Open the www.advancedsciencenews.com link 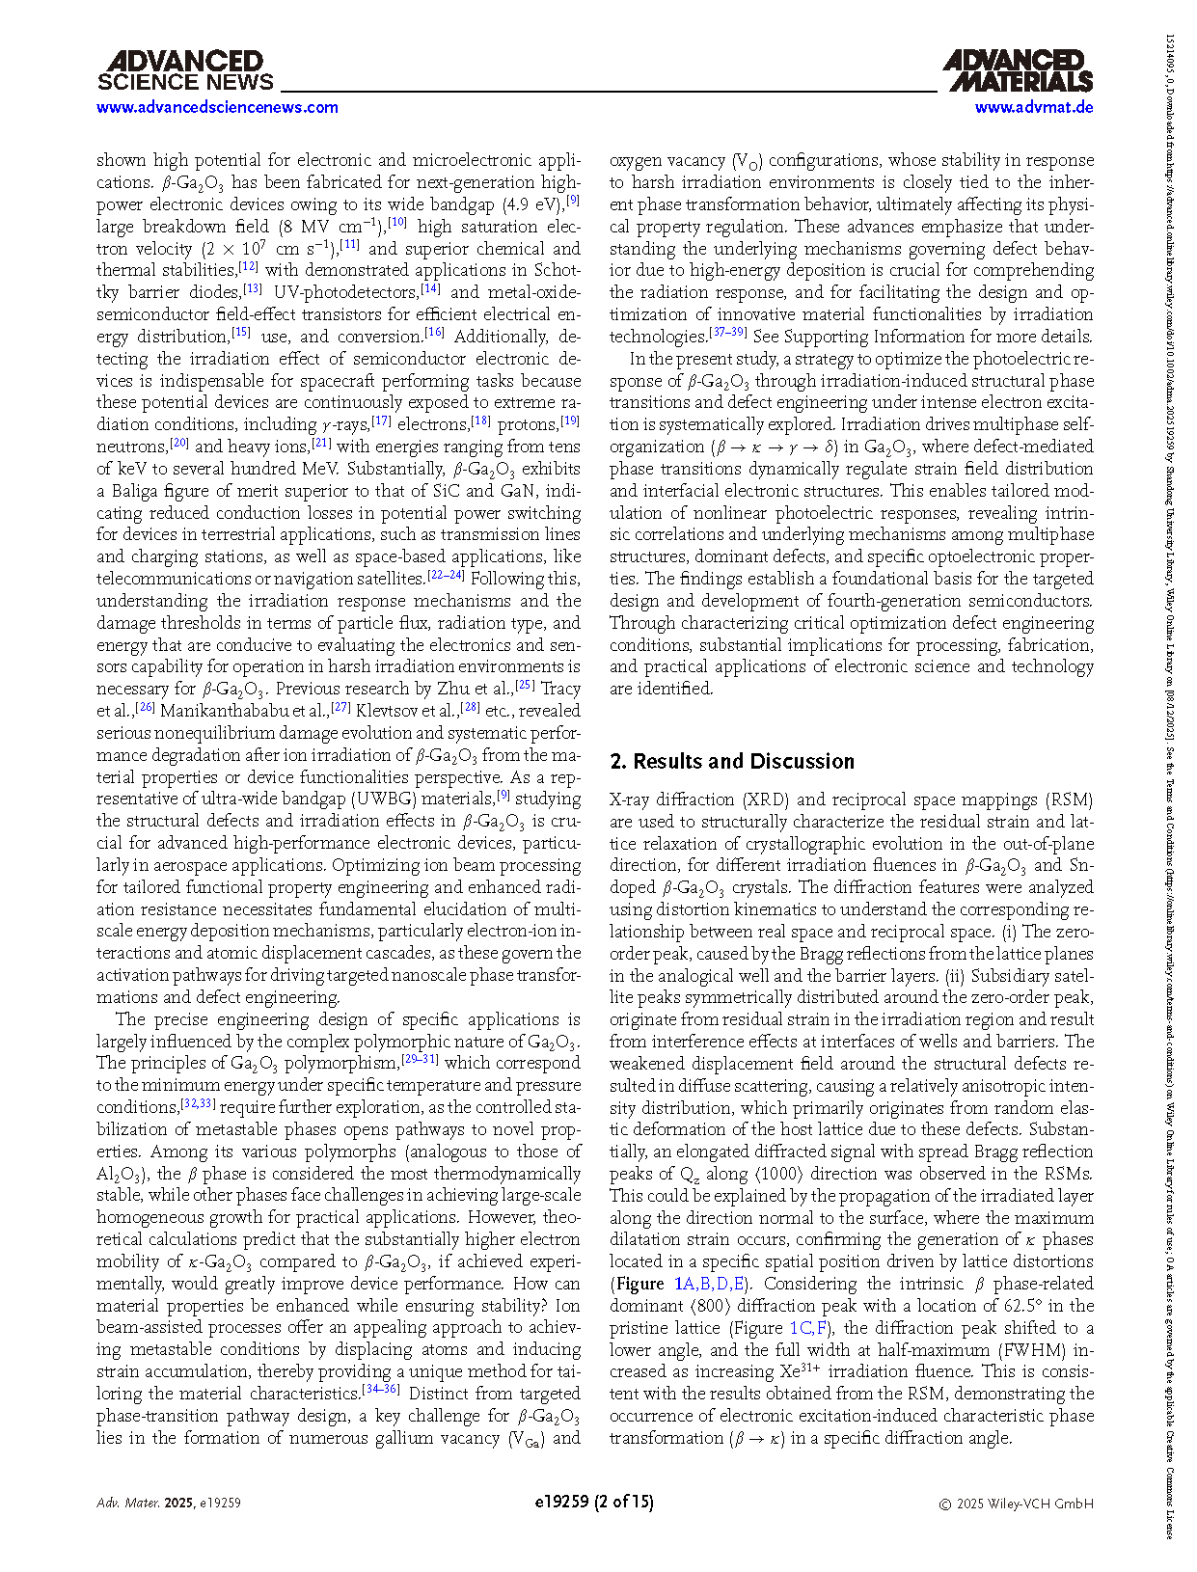217,107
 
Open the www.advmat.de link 1034,107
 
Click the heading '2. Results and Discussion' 732,762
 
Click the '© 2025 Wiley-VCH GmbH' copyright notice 1017,1503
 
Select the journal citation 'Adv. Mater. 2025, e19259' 169,1503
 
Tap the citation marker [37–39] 728,333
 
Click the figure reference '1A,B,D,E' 711,1284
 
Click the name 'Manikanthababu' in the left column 242,711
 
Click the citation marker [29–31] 420,1060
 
